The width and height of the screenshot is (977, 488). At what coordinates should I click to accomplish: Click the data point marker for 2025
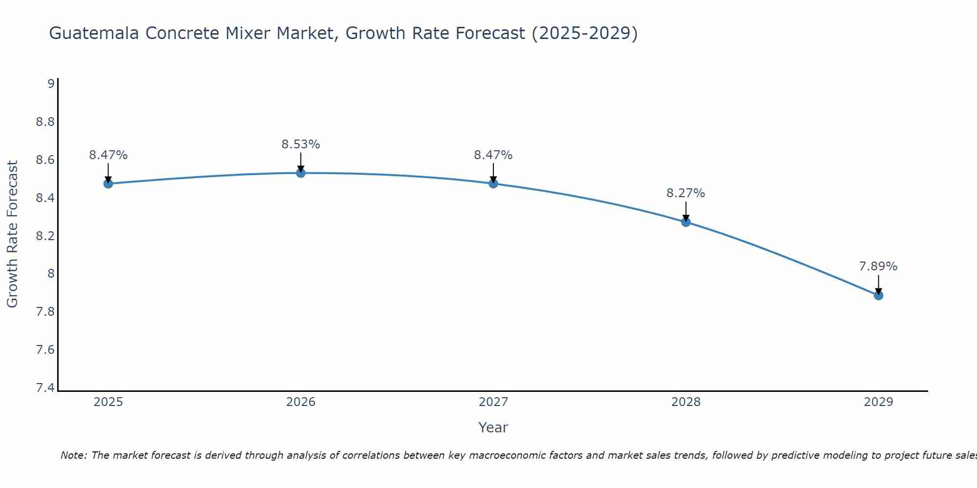(x=108, y=183)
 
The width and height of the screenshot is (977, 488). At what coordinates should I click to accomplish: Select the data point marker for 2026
(x=301, y=173)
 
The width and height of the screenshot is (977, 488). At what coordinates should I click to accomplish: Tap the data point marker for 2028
(x=686, y=222)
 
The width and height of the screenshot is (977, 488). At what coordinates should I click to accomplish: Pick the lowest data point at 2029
(x=878, y=295)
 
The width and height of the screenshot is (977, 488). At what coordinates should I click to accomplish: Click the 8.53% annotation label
(x=300, y=144)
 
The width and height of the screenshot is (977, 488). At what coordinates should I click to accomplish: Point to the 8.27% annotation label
(x=685, y=193)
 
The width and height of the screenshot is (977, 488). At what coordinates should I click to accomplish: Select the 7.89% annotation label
(x=878, y=266)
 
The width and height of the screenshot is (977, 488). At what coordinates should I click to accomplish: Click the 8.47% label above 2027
(x=493, y=155)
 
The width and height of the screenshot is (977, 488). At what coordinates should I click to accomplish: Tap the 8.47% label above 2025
(x=108, y=155)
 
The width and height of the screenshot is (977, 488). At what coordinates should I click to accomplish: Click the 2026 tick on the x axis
(x=301, y=402)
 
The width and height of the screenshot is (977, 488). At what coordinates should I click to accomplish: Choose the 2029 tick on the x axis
(x=878, y=402)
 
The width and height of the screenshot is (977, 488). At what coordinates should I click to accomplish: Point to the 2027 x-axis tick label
(x=493, y=402)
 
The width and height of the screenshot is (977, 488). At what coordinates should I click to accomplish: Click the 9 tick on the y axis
(x=51, y=84)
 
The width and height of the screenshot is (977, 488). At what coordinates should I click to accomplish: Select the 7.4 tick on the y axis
(x=45, y=388)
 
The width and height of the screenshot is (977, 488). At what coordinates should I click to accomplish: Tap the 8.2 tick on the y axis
(x=45, y=236)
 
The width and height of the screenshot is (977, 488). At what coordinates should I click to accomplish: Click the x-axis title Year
(x=493, y=427)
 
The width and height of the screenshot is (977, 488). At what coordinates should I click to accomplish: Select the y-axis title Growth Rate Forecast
(x=12, y=234)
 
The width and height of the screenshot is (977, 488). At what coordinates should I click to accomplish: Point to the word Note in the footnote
(x=73, y=455)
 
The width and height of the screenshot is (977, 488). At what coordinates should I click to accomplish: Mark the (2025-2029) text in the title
(x=584, y=33)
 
